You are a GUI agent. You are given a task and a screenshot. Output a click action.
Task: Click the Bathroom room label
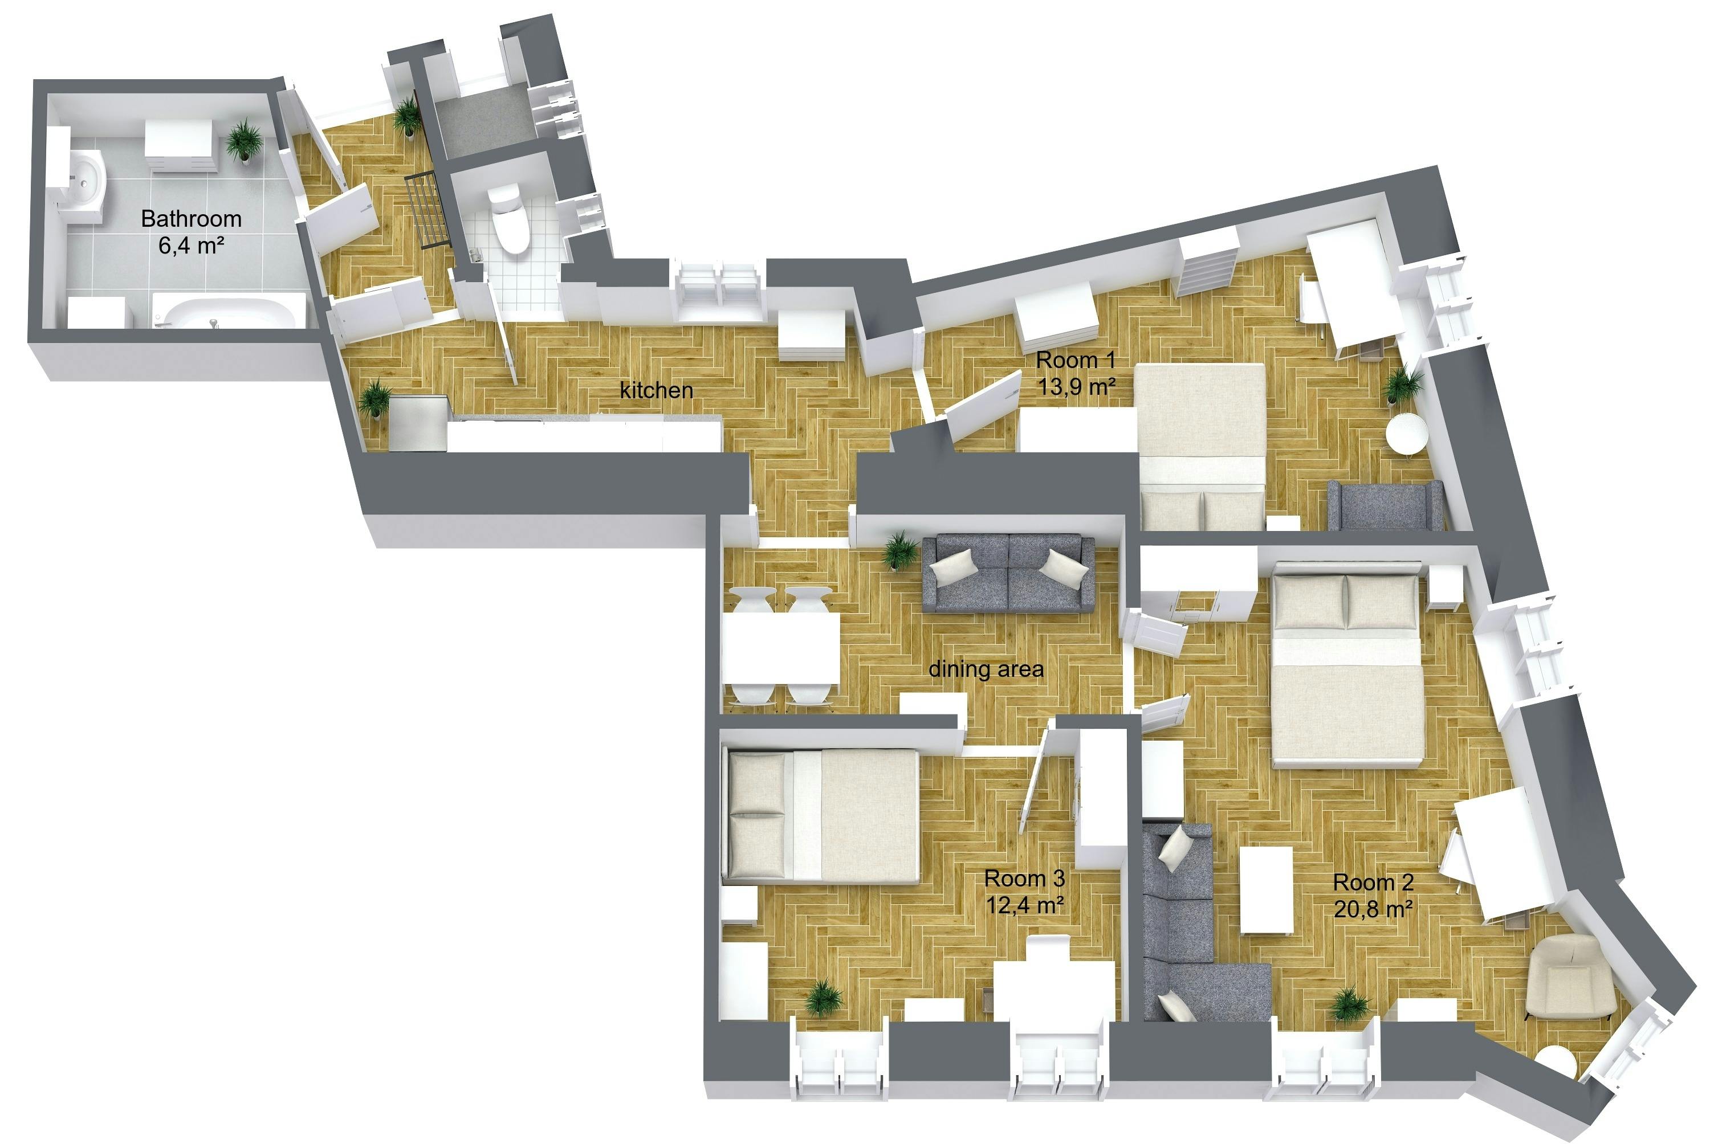[191, 218]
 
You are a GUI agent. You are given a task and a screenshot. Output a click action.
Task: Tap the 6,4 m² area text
[191, 246]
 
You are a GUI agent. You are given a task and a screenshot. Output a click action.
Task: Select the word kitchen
[656, 390]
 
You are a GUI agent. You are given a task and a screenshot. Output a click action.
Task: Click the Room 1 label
[1076, 360]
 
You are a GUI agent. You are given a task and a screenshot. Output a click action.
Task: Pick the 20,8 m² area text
[1373, 909]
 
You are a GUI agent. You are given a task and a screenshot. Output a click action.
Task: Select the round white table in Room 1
[1407, 436]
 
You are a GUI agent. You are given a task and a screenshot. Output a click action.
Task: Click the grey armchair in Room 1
[1385, 506]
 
